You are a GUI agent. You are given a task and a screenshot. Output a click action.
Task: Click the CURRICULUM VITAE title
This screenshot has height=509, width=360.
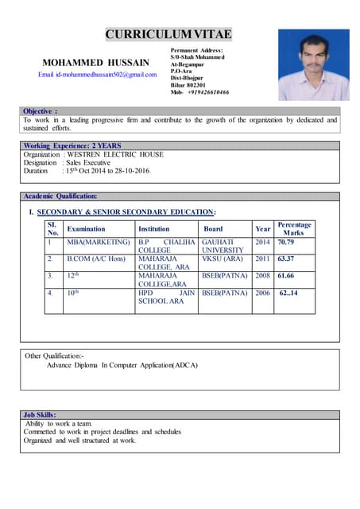168,33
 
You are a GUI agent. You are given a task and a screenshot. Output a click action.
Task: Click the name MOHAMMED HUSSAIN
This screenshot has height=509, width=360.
96,61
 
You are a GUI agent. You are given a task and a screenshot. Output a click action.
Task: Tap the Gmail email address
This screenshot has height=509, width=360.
98,74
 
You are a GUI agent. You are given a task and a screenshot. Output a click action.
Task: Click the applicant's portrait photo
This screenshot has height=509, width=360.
313,64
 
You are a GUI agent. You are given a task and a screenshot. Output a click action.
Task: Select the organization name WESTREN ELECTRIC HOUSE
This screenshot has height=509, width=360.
115,154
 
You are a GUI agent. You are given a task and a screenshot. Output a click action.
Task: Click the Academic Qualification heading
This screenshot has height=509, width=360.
61,196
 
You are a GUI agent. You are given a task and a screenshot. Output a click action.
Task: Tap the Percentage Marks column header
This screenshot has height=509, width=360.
293,228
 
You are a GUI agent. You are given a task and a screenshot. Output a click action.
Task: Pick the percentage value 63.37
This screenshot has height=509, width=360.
286,258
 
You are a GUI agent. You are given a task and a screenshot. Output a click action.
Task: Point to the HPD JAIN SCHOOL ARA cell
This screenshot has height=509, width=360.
166,297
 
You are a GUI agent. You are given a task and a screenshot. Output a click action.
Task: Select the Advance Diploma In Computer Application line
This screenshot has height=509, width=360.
122,365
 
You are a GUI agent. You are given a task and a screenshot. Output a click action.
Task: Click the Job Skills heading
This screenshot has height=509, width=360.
40,414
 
